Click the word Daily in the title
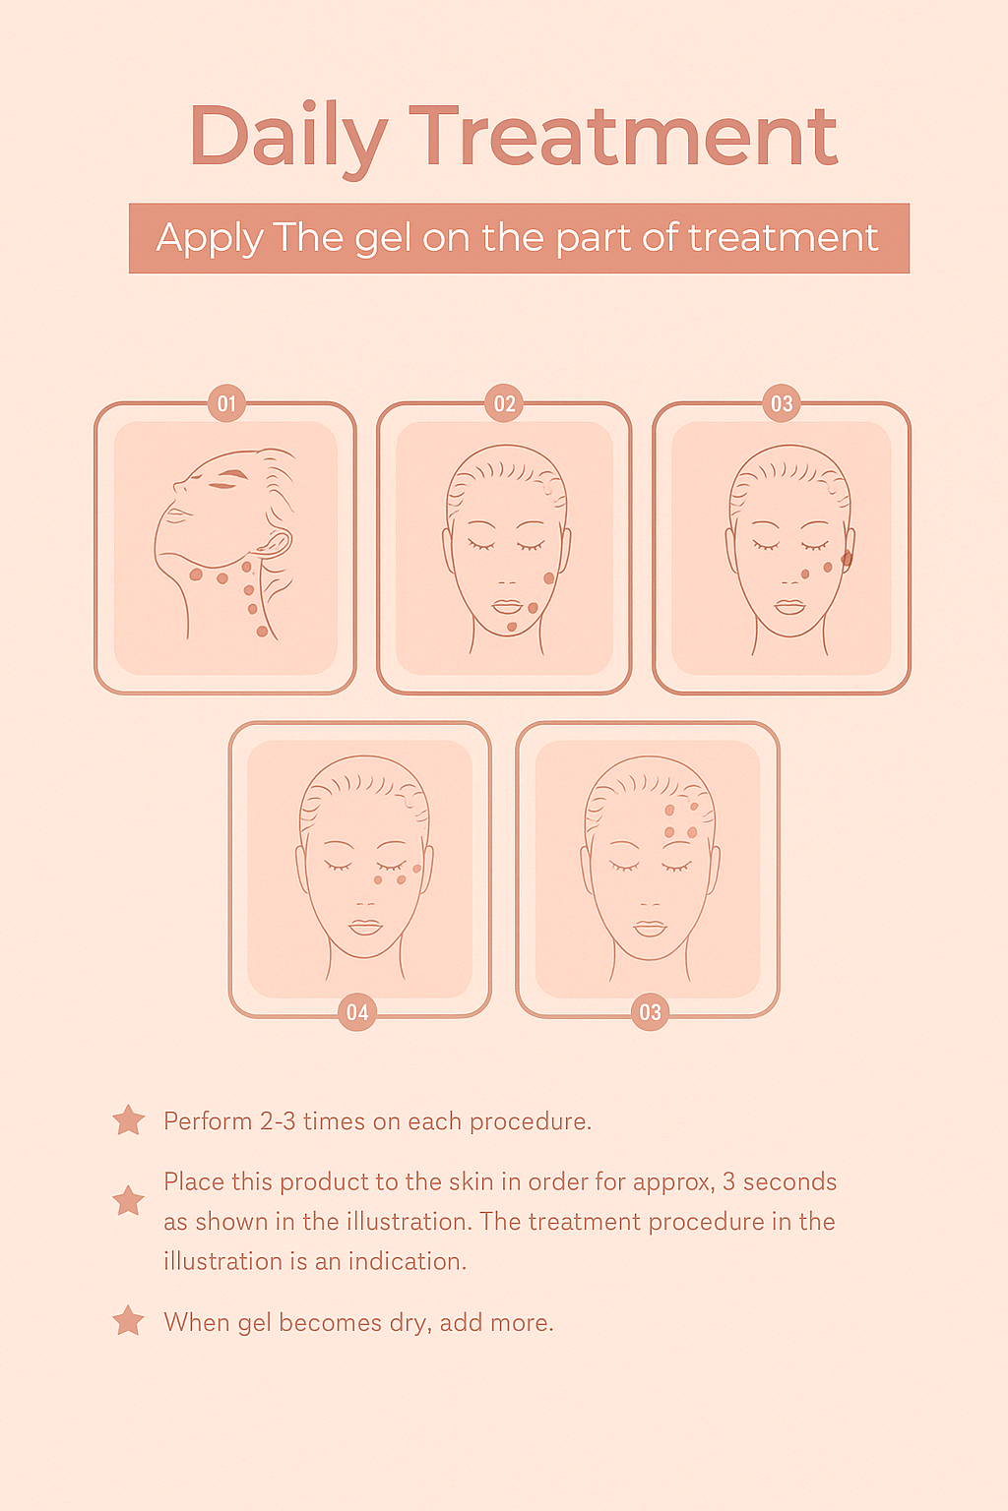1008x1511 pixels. [288, 140]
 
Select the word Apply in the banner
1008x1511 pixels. [210, 239]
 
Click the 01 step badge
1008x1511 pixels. [226, 403]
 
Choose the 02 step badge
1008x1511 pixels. [504, 403]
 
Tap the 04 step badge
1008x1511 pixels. [357, 1012]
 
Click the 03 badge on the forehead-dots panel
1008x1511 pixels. [650, 1012]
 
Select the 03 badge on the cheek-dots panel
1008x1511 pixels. [782, 403]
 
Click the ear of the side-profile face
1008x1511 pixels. [276, 543]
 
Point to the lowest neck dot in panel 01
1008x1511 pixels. [262, 632]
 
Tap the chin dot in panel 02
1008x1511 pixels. [512, 628]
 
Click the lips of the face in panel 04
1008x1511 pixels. [365, 927]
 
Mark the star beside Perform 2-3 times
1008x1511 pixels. [128, 1120]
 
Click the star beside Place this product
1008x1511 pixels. [128, 1201]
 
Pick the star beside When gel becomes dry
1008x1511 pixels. [128, 1321]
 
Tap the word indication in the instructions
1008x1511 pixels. [408, 1261]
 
